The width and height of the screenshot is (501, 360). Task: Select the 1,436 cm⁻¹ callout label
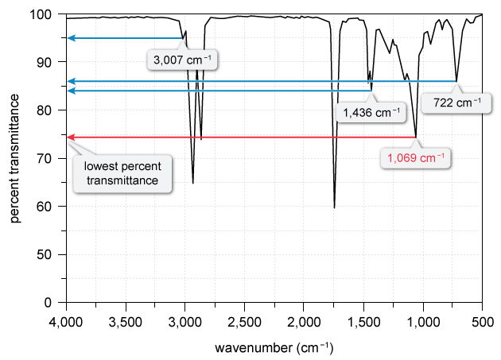(x=371, y=113)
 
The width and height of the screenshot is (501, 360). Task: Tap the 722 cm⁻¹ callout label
(x=456, y=103)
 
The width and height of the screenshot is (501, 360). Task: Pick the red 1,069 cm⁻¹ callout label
(x=416, y=157)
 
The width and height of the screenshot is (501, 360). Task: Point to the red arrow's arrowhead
(x=71, y=137)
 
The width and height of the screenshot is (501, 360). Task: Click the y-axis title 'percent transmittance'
(x=15, y=157)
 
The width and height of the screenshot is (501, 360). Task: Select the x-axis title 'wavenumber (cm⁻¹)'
(x=274, y=348)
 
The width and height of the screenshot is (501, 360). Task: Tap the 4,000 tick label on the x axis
(x=66, y=323)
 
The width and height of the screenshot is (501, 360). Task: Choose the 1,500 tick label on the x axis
(x=363, y=323)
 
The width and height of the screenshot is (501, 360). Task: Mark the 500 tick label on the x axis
(x=482, y=323)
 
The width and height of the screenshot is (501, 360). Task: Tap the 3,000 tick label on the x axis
(x=185, y=323)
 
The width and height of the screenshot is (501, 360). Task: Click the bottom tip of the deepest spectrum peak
(x=334, y=208)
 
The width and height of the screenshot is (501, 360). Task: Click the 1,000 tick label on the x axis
(x=422, y=323)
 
